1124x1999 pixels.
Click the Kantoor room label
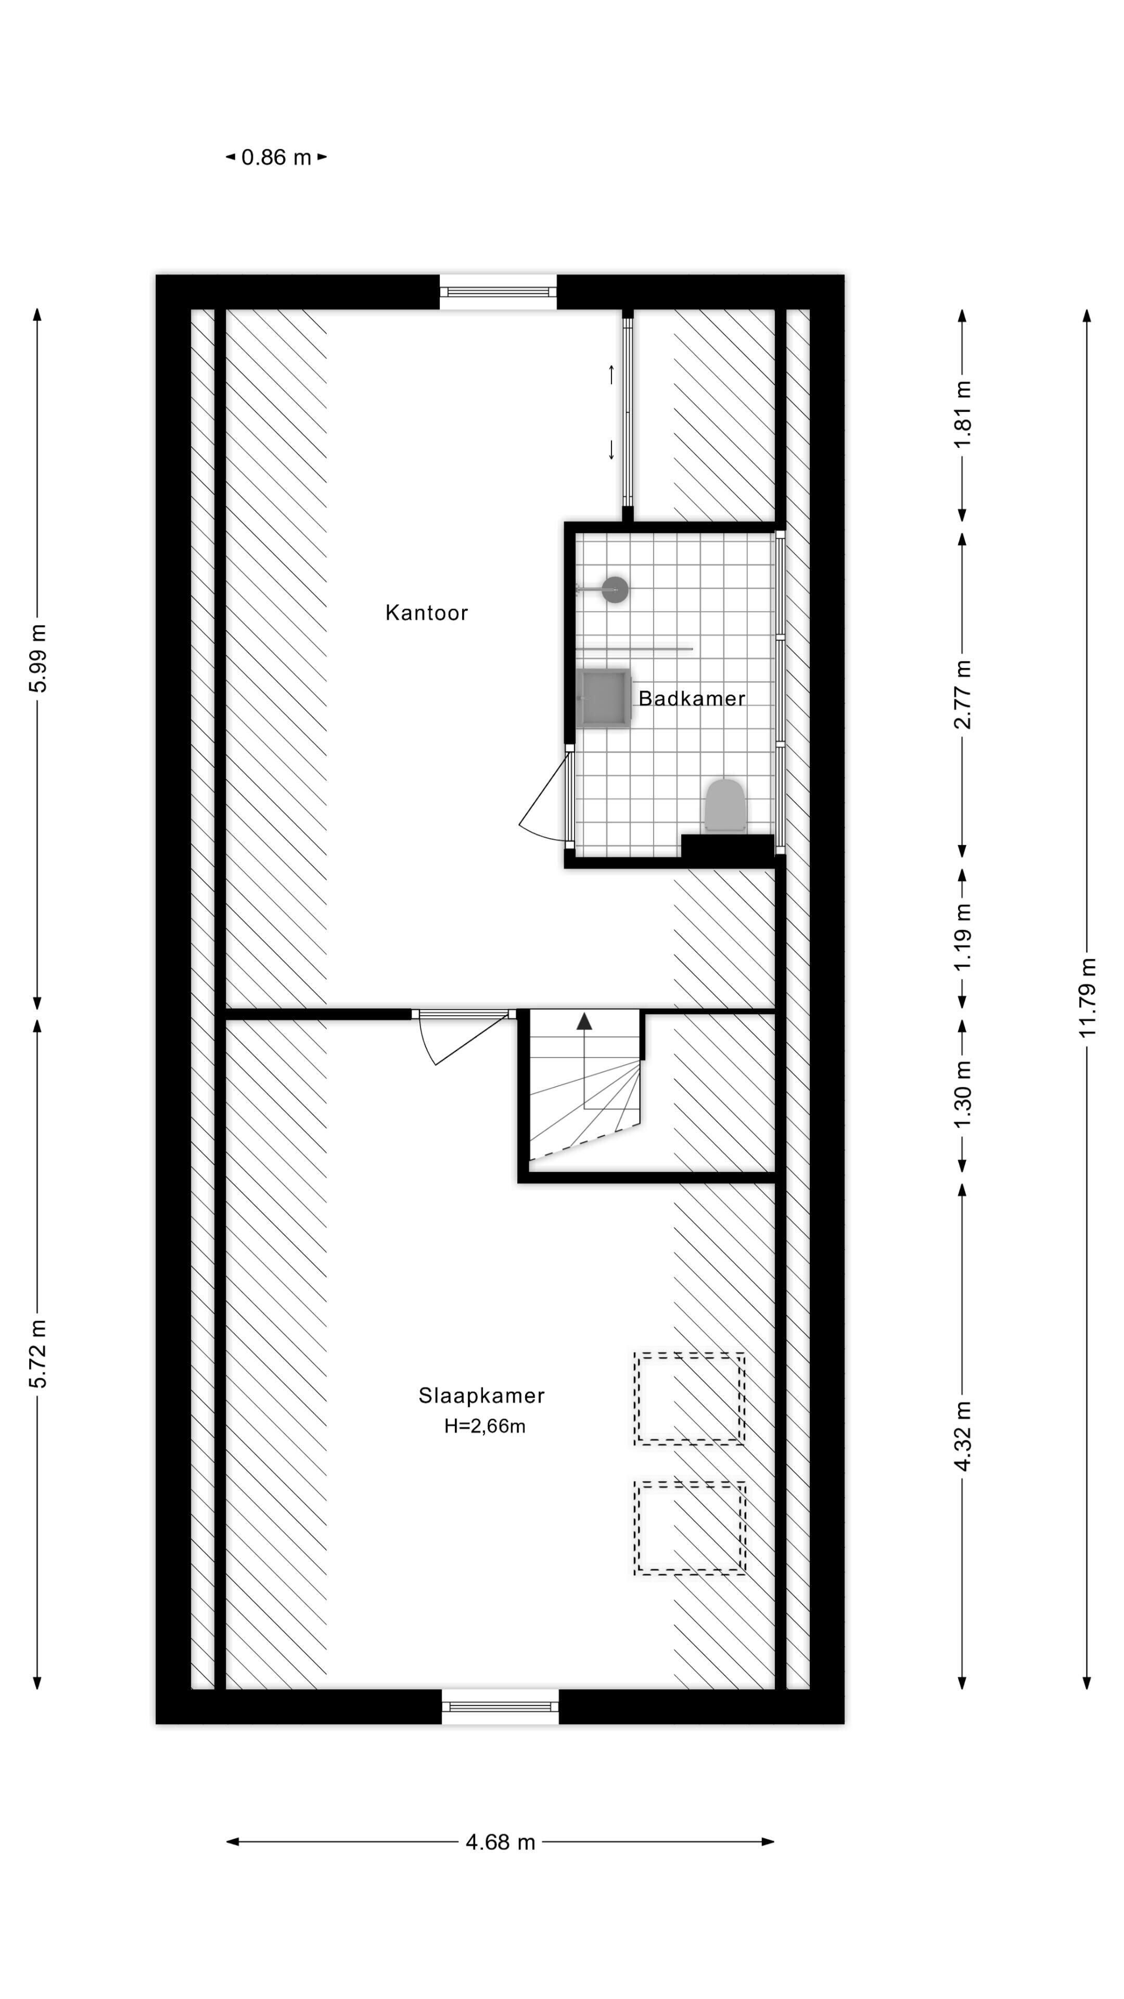[x=427, y=613]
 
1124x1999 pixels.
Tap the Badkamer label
[x=692, y=699]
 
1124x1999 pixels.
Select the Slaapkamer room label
[x=482, y=1395]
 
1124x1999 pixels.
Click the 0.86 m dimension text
[x=276, y=158]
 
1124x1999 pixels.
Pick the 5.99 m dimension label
[x=38, y=657]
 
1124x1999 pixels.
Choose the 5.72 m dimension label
[x=38, y=1353]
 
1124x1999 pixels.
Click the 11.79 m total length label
[x=1088, y=998]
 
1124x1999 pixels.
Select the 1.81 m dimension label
[x=963, y=414]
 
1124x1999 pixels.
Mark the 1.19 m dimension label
[x=963, y=937]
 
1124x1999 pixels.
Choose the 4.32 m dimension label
[x=963, y=1436]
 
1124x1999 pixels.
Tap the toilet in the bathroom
[x=724, y=806]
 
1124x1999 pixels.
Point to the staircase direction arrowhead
[x=584, y=1021]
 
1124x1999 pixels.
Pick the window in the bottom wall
[x=500, y=1706]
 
